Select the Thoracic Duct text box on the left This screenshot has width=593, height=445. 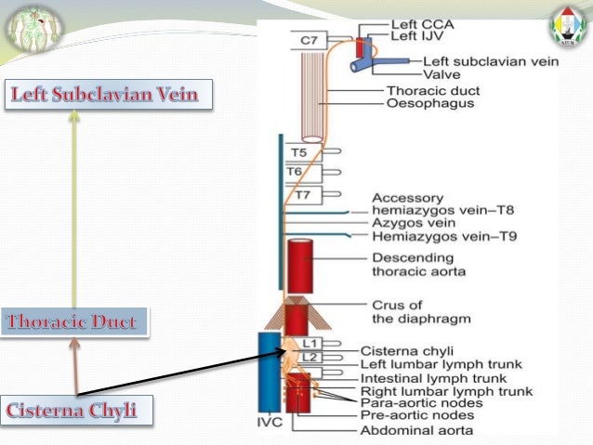(74, 323)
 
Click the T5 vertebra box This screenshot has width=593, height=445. (299, 151)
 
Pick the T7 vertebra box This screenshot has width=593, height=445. (303, 195)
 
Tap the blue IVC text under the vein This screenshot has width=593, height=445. (270, 422)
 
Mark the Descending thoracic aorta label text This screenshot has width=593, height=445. (419, 265)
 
